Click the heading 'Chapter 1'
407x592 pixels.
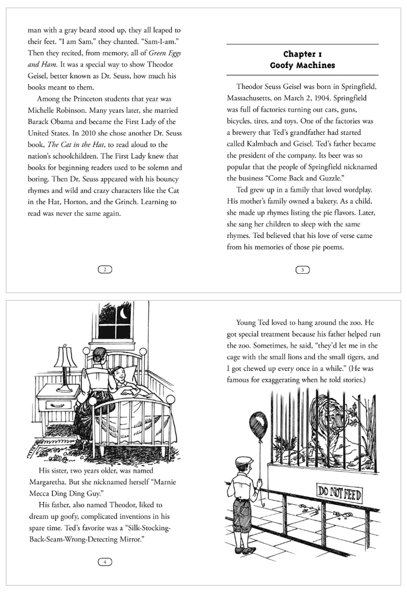[302, 54]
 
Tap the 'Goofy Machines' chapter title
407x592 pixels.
[302, 65]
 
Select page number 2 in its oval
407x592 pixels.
[105, 269]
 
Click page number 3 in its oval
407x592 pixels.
[302, 269]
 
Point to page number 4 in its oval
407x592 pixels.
[105, 562]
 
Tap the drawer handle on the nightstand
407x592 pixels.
[56, 405]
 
